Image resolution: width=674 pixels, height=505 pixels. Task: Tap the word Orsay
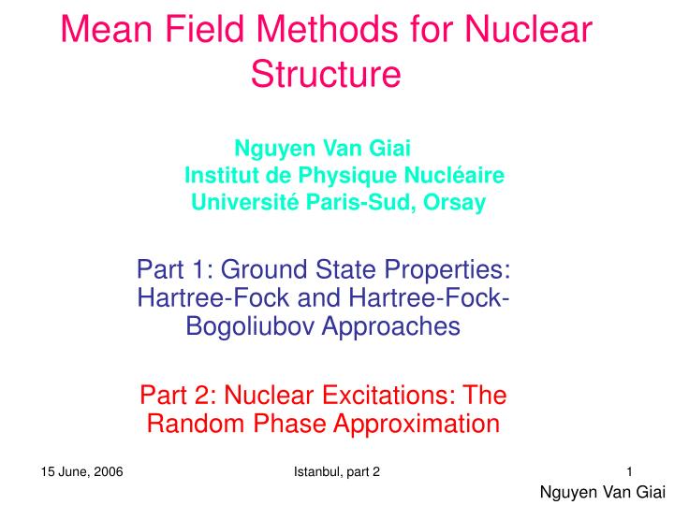pos(454,202)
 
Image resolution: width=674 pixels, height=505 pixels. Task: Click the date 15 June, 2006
pos(82,470)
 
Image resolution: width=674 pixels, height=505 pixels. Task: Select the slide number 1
pos(630,470)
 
